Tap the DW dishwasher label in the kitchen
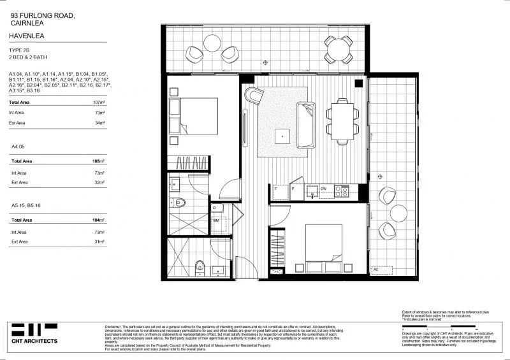click(x=324, y=189)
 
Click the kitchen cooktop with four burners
click(x=342, y=190)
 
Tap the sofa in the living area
click(x=306, y=125)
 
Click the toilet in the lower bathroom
click(x=200, y=265)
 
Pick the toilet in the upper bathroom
click(x=180, y=203)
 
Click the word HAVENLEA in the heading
click(x=27, y=38)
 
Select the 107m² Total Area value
click(x=99, y=102)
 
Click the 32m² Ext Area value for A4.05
click(x=99, y=183)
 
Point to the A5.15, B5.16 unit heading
click(x=27, y=205)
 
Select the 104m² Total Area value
click(x=99, y=220)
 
